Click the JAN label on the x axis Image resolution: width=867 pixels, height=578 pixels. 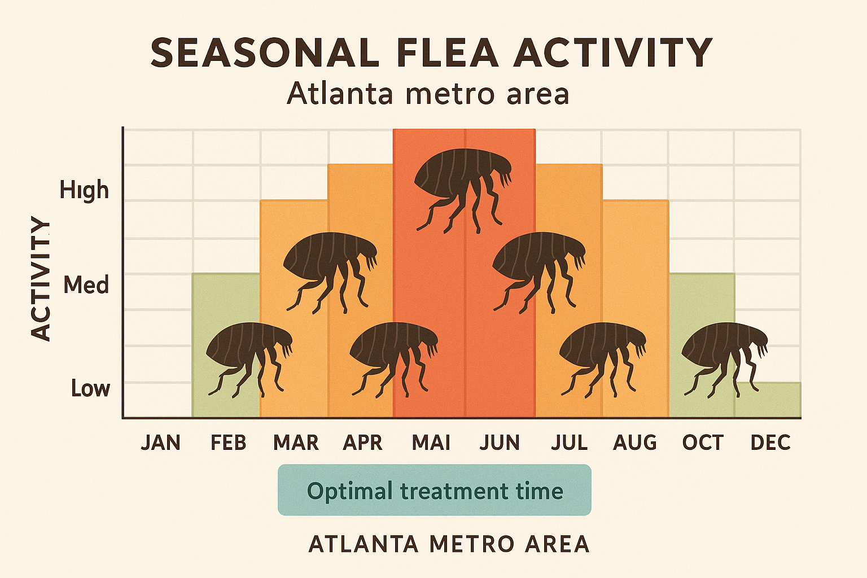(x=161, y=443)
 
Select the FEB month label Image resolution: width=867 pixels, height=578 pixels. (x=229, y=443)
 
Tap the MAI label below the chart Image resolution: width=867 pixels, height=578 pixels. (x=431, y=443)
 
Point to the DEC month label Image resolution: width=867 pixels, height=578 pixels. (x=770, y=443)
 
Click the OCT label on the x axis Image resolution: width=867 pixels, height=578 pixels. (x=703, y=443)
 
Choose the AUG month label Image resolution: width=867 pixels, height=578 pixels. (x=635, y=443)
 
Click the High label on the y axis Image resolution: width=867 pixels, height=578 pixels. (x=84, y=191)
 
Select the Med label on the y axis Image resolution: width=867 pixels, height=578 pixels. (x=86, y=285)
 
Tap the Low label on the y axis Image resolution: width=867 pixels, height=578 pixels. (x=90, y=388)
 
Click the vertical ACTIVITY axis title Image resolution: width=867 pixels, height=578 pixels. (x=41, y=279)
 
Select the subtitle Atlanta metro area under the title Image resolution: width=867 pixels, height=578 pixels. (x=428, y=94)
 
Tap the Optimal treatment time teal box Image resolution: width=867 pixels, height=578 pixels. (x=435, y=490)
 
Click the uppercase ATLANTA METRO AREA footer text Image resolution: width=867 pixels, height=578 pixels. (x=449, y=544)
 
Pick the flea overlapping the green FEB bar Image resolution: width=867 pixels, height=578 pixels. (x=248, y=356)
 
